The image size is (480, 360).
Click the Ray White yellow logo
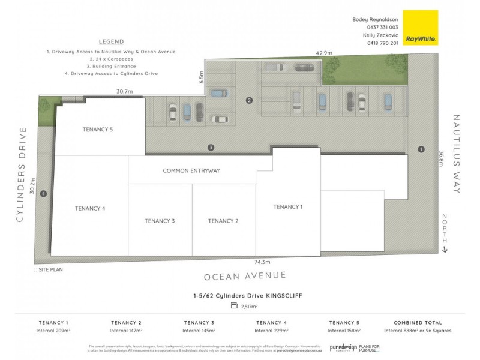pos(420,28)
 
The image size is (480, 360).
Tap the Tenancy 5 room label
pos(97,128)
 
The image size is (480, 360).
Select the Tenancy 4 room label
pos(90,208)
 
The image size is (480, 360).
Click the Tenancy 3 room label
pos(160,221)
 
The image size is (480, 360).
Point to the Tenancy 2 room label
pos(223,221)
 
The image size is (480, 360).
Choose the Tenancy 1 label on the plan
pos(288,206)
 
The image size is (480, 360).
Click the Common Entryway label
pos(191,170)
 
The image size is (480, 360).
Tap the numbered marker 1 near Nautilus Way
pos(421,149)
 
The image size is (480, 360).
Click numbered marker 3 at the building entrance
pos(211,147)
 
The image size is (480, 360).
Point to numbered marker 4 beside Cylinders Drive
pos(43,193)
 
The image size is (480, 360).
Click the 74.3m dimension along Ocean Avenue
pos(262,262)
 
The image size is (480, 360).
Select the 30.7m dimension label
pos(124,92)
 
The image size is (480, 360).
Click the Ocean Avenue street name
pos(245,276)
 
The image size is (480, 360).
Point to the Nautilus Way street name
pos(456,154)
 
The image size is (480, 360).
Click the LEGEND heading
pos(111,42)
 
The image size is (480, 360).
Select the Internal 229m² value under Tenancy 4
pos(272,331)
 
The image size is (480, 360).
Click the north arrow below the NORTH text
pos(445,249)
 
